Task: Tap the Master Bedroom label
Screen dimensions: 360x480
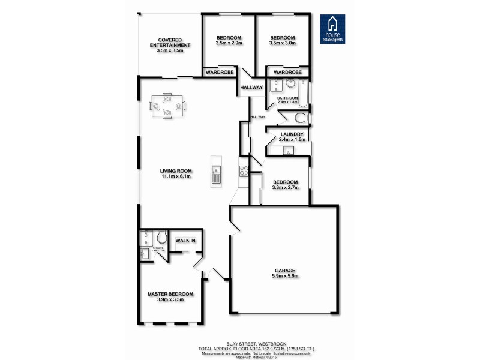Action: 170,293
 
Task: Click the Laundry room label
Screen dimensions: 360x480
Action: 292,134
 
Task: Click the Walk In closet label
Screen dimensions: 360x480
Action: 185,241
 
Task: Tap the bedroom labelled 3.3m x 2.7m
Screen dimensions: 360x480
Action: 285,182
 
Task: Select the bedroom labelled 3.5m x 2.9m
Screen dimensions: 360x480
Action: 229,38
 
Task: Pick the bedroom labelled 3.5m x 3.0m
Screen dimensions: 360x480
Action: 282,38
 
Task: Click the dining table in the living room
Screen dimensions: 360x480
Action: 167,106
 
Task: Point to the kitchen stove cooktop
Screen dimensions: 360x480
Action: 244,171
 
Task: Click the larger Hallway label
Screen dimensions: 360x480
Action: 251,88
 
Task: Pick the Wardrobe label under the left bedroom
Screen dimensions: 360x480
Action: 220,72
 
